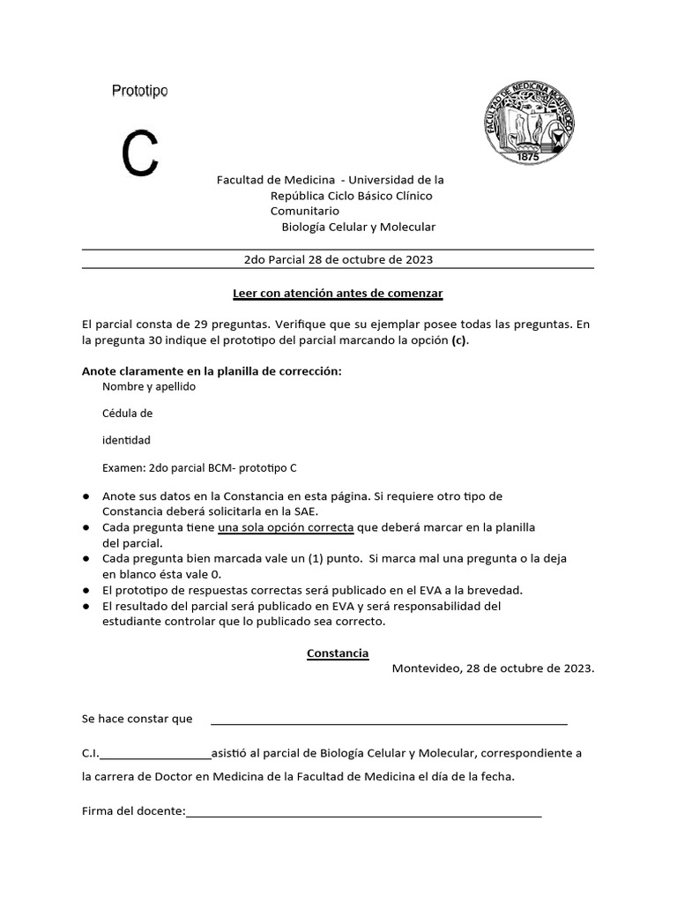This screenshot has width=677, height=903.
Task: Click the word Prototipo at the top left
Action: point(140,91)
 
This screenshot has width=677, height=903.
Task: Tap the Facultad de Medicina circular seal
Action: point(527,122)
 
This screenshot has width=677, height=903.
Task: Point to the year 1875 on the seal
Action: point(527,155)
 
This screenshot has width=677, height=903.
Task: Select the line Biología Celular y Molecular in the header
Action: point(358,228)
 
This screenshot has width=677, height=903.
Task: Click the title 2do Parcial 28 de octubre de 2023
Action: point(338,260)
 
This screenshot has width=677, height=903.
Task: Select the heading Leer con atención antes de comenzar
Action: point(338,293)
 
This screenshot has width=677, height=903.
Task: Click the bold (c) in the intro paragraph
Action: point(459,340)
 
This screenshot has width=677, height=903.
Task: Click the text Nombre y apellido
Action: point(149,387)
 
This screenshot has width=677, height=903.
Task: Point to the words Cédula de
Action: point(128,414)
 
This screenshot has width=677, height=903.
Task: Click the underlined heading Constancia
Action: point(338,653)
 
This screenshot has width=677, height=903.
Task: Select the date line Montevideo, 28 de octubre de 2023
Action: point(493,668)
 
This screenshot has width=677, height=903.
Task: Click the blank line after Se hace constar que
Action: point(388,722)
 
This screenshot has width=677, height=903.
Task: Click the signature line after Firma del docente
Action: point(363,815)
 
